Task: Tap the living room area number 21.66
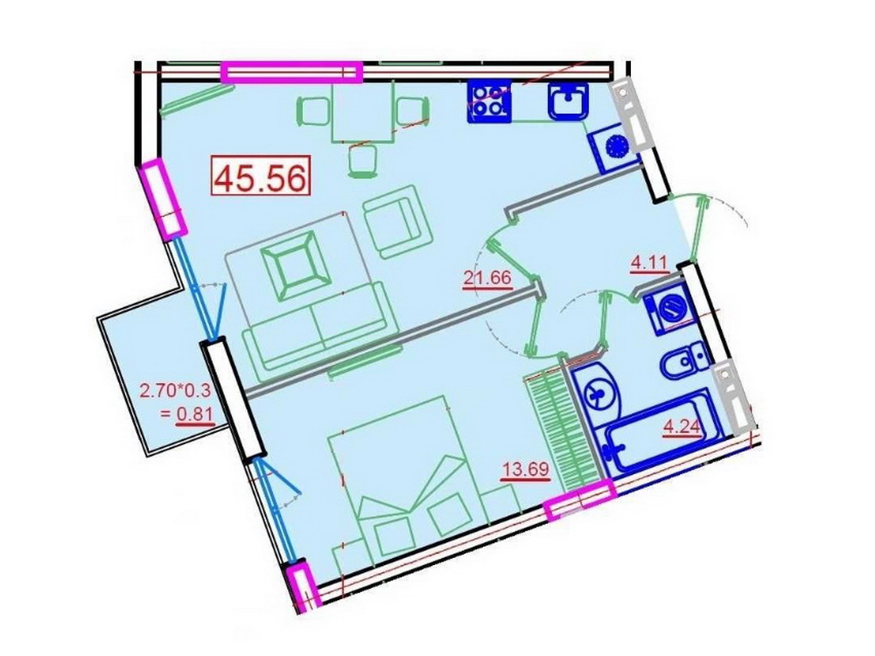coord(487,278)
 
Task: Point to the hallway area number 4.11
coord(649,262)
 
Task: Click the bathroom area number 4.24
coord(682,428)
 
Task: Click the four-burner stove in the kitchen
coord(489,101)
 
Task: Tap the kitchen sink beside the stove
coord(568,101)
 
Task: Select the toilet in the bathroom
coord(685,361)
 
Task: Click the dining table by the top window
coord(363,111)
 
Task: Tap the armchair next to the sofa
coord(398,221)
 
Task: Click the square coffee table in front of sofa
coord(294,267)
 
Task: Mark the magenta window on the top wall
coord(291,72)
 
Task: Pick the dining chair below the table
coord(361,162)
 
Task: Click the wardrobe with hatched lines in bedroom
coord(562,431)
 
